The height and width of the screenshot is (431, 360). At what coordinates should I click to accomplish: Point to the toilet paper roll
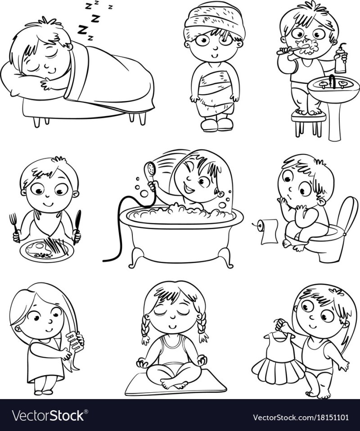point(266,231)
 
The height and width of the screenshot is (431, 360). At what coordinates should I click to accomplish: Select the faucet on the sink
point(332,81)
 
